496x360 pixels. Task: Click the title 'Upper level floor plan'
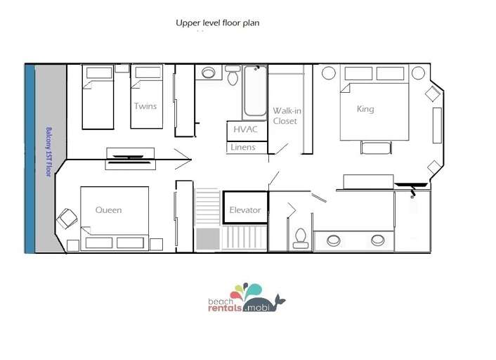pyautogui.click(x=218, y=23)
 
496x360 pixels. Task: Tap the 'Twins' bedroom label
pyautogui.click(x=145, y=106)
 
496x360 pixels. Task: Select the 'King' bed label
pyautogui.click(x=365, y=109)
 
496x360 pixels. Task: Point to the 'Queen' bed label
pyautogui.click(x=108, y=210)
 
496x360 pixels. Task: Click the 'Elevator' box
pyautogui.click(x=245, y=207)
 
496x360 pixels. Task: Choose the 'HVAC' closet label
pyautogui.click(x=245, y=129)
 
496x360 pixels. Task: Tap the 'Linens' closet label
pyautogui.click(x=243, y=147)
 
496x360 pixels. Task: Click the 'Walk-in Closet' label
pyautogui.click(x=287, y=116)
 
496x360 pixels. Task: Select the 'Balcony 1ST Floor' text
pyautogui.click(x=48, y=152)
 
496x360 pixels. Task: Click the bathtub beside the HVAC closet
pyautogui.click(x=255, y=92)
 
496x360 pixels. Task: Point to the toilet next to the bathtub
pyautogui.click(x=233, y=75)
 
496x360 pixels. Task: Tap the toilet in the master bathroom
pyautogui.click(x=300, y=238)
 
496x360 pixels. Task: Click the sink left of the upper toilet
pyautogui.click(x=209, y=73)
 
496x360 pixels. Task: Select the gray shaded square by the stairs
pyautogui.click(x=208, y=239)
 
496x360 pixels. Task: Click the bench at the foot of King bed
pyautogui.click(x=376, y=148)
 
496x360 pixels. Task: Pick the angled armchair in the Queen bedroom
pyautogui.click(x=67, y=218)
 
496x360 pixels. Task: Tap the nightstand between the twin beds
pyautogui.click(x=122, y=68)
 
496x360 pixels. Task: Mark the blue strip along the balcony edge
pyautogui.click(x=30, y=159)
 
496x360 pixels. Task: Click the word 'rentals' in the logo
pyautogui.click(x=225, y=308)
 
